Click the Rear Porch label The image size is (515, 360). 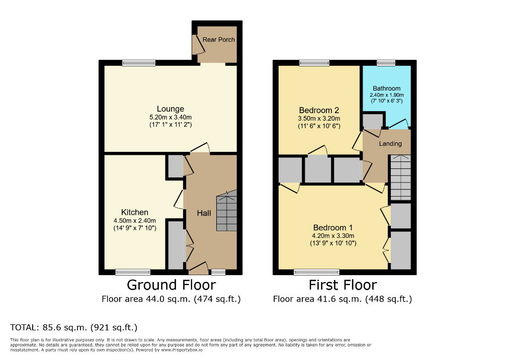click(218, 40)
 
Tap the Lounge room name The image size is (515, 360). click(170, 109)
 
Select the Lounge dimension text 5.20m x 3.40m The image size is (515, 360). click(170, 117)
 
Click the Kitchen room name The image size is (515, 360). click(134, 212)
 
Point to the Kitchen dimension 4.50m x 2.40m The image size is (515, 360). click(134, 220)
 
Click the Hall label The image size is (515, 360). click(204, 213)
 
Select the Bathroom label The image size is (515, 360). click(387, 88)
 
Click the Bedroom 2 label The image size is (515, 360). click(319, 110)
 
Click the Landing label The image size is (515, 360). click(390, 144)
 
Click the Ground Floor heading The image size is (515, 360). click(171, 285)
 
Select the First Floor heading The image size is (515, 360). click(342, 285)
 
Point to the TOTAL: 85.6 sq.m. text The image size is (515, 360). click(74, 327)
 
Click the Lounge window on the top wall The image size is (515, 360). click(138, 63)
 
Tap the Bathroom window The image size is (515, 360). click(386, 63)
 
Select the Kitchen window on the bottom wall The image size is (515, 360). click(133, 272)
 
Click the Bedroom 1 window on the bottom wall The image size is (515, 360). click(316, 272)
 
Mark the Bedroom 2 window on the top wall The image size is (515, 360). click(314, 63)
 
